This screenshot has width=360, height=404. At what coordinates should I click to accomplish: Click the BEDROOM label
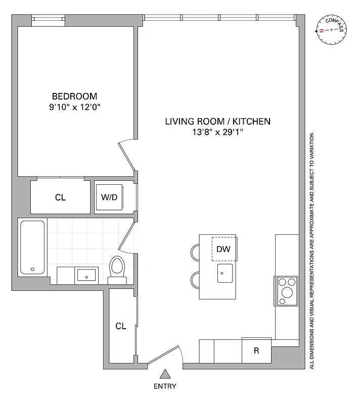click(x=75, y=96)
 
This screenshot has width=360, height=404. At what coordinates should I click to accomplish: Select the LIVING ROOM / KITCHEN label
click(x=218, y=121)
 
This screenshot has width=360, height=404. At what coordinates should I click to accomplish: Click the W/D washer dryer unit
click(x=109, y=197)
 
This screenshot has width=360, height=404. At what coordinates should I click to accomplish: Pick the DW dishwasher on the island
click(x=223, y=249)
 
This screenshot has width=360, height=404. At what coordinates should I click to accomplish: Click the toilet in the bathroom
click(x=117, y=270)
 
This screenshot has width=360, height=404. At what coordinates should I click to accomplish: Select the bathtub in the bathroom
click(x=33, y=247)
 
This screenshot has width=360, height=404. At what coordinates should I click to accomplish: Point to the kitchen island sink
click(x=225, y=273)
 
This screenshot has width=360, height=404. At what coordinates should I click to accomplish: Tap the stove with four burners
click(x=287, y=290)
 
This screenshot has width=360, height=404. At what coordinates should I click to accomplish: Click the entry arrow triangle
click(x=165, y=374)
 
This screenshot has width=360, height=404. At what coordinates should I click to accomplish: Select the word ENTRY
click(x=165, y=386)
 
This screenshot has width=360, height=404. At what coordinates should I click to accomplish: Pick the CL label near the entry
click(x=120, y=326)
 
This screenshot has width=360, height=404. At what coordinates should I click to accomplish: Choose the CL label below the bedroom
click(x=60, y=197)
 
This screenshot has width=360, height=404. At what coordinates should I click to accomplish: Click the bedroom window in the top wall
click(x=49, y=20)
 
